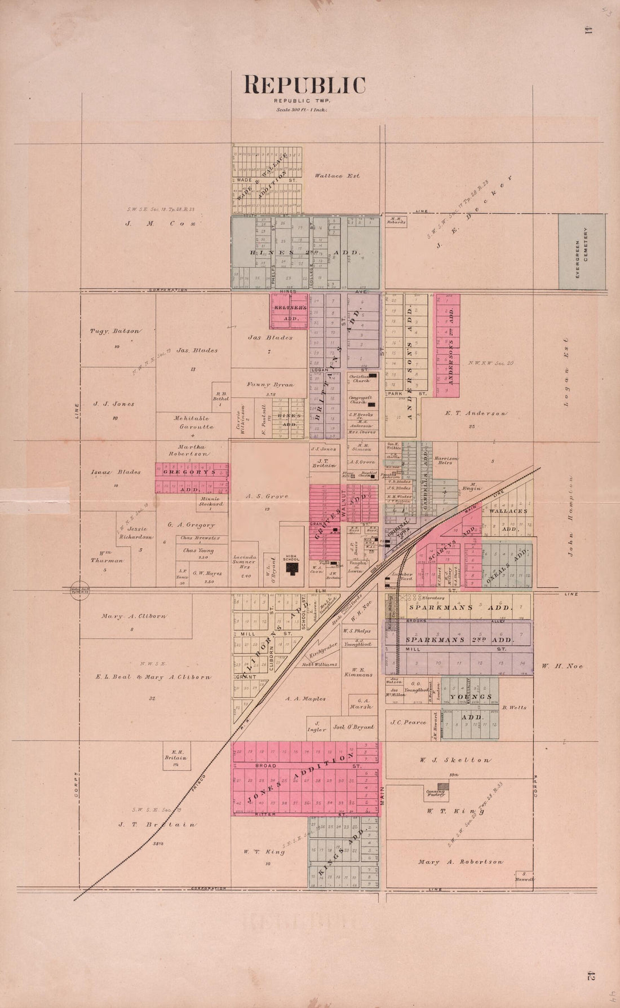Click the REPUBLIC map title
[x=304, y=85]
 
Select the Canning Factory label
[x=436, y=793]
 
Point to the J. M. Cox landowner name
[x=161, y=223]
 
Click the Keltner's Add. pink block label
[x=290, y=312]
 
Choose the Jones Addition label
[x=307, y=778]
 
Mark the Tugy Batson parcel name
[x=114, y=331]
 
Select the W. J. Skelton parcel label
[x=454, y=760]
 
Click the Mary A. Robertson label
[x=460, y=862]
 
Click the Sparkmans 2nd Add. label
[x=459, y=640]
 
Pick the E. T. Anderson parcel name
[x=475, y=413]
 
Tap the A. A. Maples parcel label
[x=305, y=699]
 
